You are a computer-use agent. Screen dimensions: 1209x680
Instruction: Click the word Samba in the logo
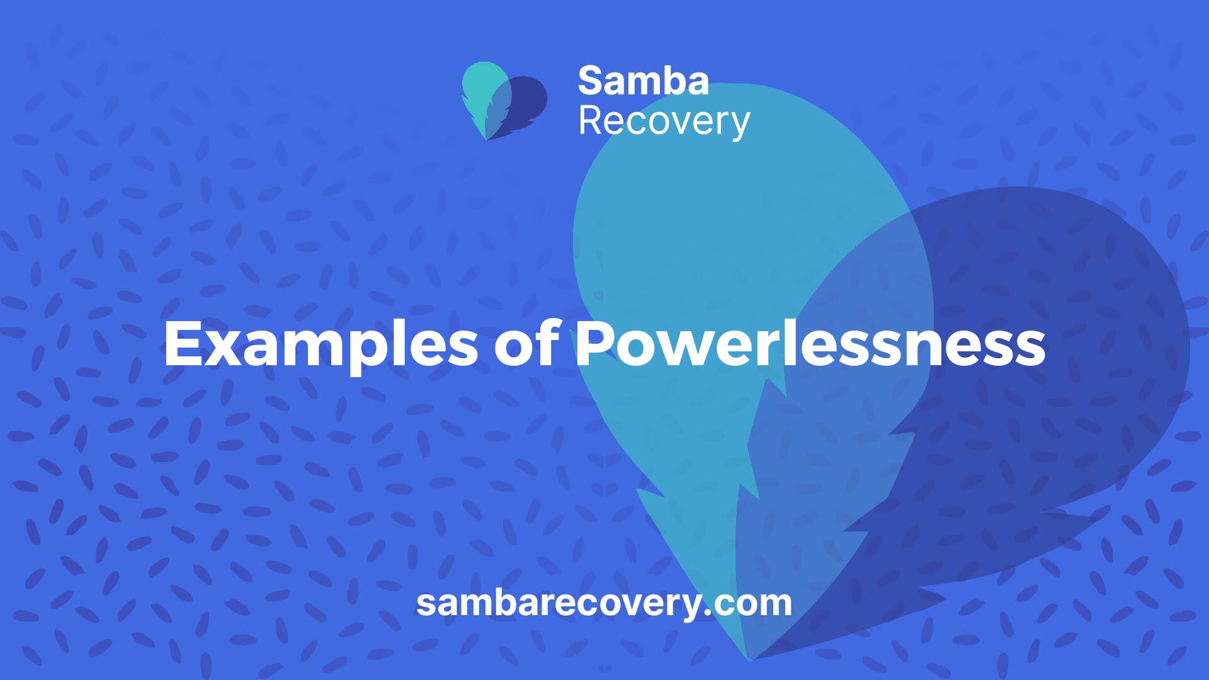tap(643, 81)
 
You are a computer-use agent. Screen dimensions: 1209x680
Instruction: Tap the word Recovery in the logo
tap(664, 122)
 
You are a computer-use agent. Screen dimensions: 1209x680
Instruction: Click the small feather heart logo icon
tap(504, 101)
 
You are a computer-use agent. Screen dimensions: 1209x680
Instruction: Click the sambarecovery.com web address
tap(604, 603)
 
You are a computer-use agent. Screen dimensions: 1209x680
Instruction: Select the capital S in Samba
tap(590, 81)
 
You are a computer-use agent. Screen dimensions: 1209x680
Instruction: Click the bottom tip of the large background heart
tap(749, 660)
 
